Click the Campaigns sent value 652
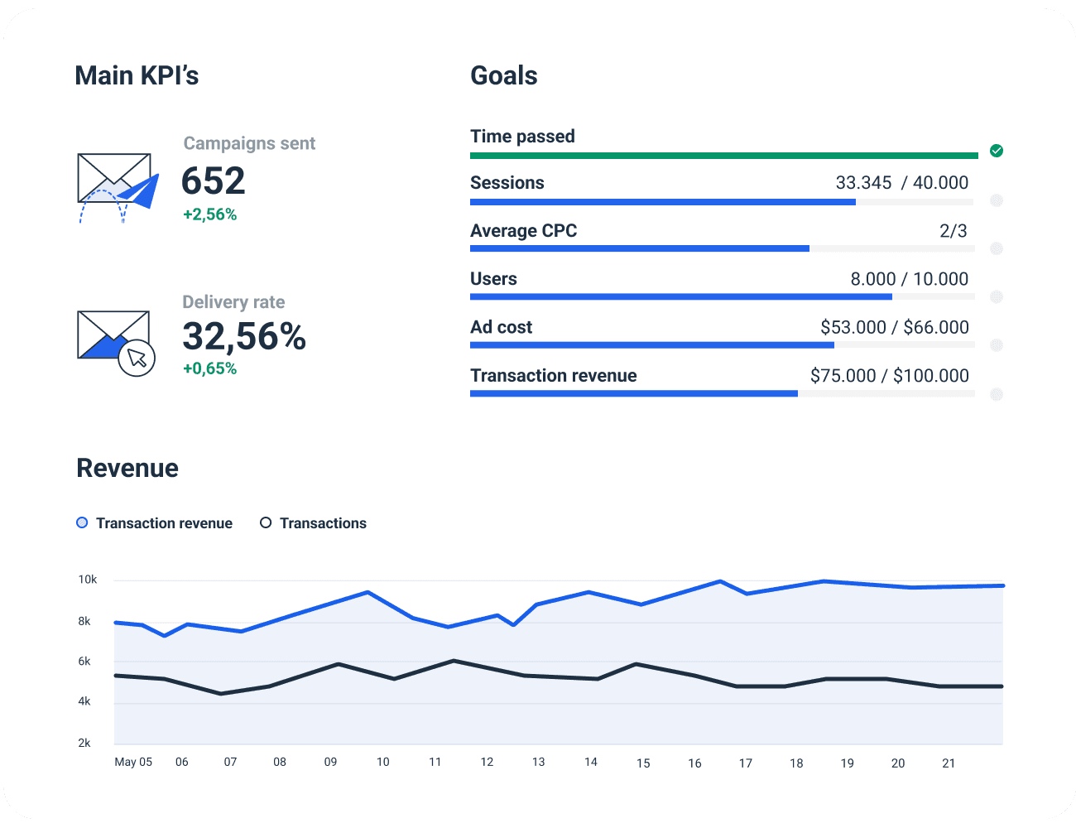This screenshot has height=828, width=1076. pos(214,181)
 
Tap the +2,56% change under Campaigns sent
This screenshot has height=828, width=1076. pos(209,214)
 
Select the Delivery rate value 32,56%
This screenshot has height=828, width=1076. pos(244,336)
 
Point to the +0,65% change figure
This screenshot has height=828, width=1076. pos(209,368)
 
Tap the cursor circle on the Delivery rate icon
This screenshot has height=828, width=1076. pos(137,358)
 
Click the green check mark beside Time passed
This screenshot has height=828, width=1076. pos(997,151)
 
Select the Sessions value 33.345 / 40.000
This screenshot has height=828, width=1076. pos(901,183)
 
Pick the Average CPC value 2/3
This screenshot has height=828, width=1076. pos(953,231)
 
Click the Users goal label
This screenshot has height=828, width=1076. pos(493,279)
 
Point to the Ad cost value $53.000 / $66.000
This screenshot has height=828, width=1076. pos(894,327)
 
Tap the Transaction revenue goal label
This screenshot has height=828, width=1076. pos(553,376)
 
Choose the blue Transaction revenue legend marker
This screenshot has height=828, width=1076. pos(82,523)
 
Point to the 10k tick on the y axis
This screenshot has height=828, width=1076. pos(88,580)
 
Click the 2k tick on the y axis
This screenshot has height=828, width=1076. pos(84,743)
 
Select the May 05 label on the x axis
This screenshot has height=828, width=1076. pos(133,762)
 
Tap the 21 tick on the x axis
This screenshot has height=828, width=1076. pos(949,763)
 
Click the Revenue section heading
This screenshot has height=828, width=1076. pos(127,469)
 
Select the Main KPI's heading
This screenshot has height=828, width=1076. pos(137,76)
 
